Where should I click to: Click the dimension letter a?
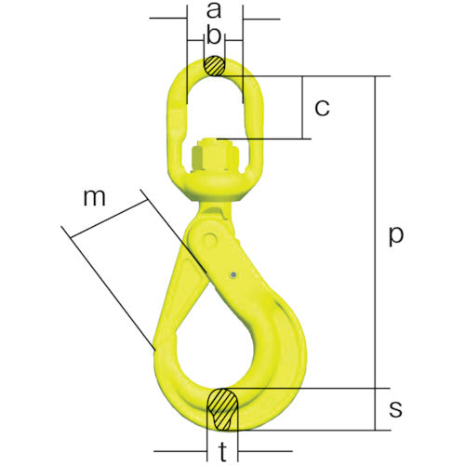click(x=215, y=12)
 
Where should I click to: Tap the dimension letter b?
click(x=215, y=37)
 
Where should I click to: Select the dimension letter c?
click(x=322, y=108)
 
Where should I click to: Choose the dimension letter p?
click(x=396, y=236)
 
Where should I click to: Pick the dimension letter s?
click(x=396, y=409)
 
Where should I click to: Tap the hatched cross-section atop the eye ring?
click(x=215, y=67)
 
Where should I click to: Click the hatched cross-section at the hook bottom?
click(x=223, y=408)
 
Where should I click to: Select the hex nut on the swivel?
click(x=213, y=152)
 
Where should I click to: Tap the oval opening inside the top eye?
click(x=214, y=107)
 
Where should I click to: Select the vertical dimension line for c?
click(x=303, y=108)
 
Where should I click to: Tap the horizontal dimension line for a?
click(x=214, y=18)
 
